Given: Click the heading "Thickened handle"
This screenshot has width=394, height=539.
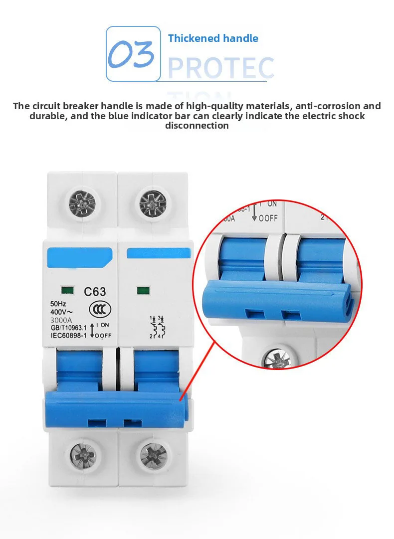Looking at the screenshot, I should click(x=213, y=38).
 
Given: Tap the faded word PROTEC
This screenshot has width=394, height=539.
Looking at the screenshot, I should click(x=221, y=68).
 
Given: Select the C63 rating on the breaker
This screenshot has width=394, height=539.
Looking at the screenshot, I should click(x=94, y=291).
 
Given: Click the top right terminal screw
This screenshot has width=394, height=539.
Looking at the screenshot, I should click(x=153, y=203).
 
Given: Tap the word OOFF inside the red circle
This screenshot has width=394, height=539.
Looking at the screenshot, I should click(x=268, y=218).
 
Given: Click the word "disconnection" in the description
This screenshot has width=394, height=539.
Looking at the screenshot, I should click(x=197, y=126).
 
